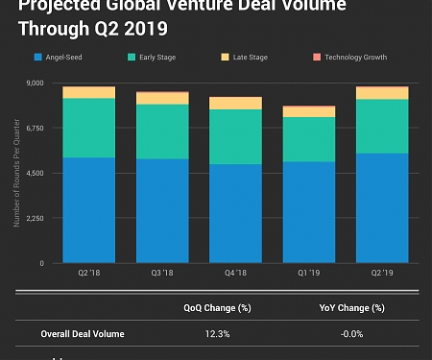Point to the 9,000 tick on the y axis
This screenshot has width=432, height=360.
[35, 84]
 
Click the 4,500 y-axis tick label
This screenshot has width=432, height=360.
[35, 173]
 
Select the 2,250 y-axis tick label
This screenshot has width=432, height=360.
[35, 218]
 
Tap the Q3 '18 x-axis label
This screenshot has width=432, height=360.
[161, 274]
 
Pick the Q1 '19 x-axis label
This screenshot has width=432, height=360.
[308, 274]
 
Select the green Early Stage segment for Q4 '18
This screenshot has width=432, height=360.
[235, 136]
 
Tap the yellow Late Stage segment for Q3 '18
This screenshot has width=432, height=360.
[161, 98]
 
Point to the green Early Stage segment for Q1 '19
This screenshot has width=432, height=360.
[308, 139]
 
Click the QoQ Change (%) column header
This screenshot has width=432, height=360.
[217, 308]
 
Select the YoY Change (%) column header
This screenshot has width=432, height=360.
[351, 308]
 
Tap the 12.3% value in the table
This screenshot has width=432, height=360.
[217, 334]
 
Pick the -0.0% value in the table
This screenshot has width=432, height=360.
[351, 334]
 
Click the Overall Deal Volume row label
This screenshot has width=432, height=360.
[83, 334]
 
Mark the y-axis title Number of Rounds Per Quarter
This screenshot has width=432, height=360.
[16, 173]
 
